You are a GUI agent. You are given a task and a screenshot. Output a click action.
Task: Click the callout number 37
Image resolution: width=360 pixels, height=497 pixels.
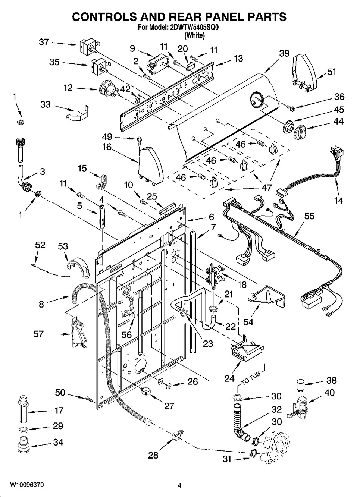(44, 42)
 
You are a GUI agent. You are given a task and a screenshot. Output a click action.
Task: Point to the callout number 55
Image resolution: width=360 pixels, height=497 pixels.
(309, 216)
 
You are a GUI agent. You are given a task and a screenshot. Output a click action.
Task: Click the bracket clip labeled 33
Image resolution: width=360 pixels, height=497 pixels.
(78, 113)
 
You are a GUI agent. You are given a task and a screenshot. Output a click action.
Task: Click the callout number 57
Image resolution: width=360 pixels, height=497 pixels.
(38, 334)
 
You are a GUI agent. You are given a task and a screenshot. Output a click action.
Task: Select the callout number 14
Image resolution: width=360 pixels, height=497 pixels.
(338, 201)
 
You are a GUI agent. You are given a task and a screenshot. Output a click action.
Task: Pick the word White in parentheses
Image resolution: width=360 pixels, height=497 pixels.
(194, 35)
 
